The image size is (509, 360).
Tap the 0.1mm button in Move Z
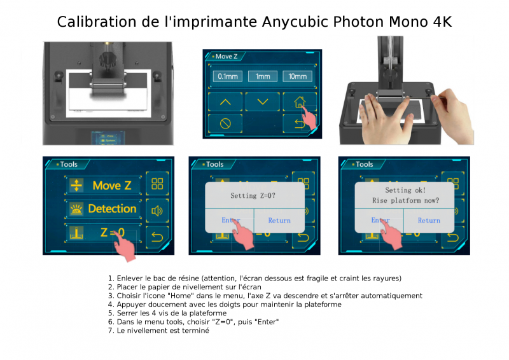coord(228,76)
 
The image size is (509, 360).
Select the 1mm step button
coord(263,76)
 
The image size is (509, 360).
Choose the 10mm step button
coord(297,76)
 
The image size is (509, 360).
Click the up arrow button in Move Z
coord(225,102)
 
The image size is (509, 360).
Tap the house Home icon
coord(299,102)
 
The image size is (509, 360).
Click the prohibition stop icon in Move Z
coord(225,123)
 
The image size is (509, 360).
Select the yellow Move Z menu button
coord(103,185)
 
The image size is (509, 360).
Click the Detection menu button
coord(103,209)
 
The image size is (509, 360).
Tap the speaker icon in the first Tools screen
coord(157,211)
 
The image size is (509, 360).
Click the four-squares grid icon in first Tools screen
coord(157,183)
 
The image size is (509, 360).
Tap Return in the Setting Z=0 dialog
coord(279,221)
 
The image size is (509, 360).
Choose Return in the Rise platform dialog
coord(429,221)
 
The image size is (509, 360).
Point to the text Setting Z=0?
coord(253,195)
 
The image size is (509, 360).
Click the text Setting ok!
coord(405,190)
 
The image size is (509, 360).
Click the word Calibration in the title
coord(97,22)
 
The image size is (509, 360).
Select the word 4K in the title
coord(442,22)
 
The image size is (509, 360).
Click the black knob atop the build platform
coord(107,59)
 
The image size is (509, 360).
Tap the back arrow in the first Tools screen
coord(157,237)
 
